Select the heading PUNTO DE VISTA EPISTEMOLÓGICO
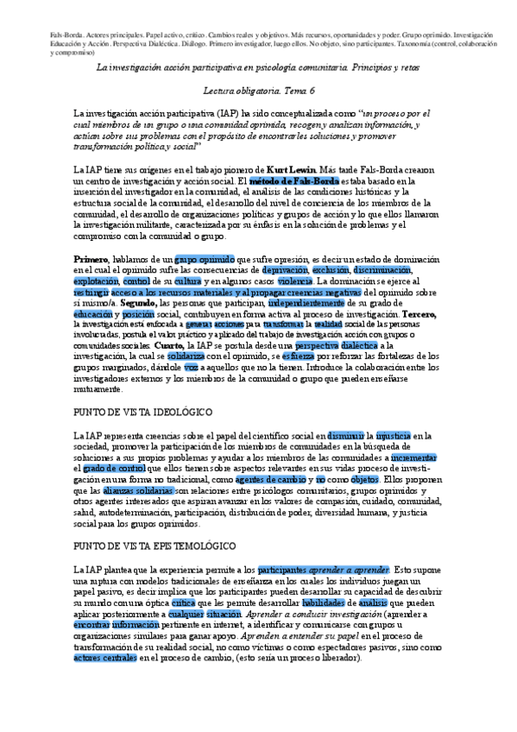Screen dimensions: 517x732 (161, 546)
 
